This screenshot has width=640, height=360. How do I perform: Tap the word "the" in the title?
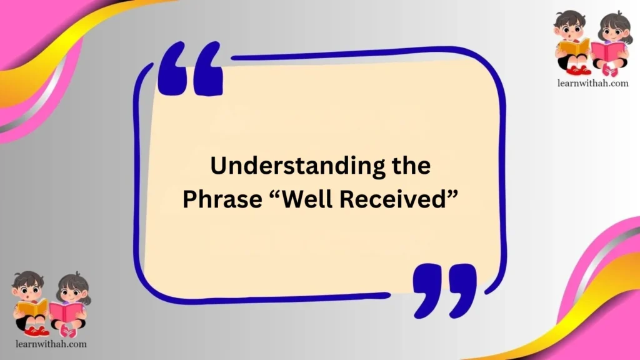[x=409, y=167]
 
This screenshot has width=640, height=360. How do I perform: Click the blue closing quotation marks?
[x=444, y=288]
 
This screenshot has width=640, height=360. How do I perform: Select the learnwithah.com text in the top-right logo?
[x=591, y=82]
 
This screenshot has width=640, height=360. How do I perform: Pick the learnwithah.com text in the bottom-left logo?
[x=50, y=343]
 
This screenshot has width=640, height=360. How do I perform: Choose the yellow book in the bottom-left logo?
[x=32, y=308]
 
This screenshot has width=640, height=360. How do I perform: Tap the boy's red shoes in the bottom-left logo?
[x=36, y=330]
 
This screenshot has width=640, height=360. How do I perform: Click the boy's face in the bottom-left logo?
[x=28, y=289]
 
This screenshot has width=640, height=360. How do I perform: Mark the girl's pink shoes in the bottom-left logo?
[x=69, y=331]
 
